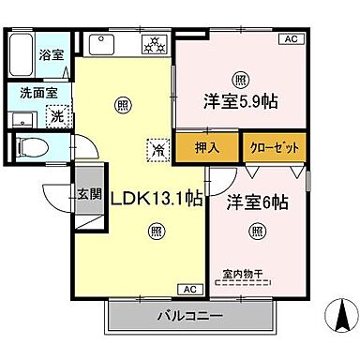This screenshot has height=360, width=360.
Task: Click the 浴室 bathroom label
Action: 50,56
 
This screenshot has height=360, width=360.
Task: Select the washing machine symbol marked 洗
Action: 57,117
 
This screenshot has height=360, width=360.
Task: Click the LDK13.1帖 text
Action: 157,200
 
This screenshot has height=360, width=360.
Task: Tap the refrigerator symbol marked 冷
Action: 157,147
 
